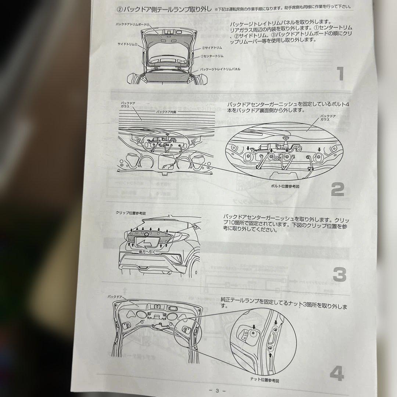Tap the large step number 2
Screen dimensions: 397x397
pos(337,190)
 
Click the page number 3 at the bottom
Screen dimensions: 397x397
pos(217,391)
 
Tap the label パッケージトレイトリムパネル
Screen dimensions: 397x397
pos(220,69)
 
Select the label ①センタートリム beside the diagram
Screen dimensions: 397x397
pos(212,56)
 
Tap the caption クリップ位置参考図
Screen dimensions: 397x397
pos(131,213)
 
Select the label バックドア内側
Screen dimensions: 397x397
pos(166,111)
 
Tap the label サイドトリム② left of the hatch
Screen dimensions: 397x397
pos(128,44)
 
